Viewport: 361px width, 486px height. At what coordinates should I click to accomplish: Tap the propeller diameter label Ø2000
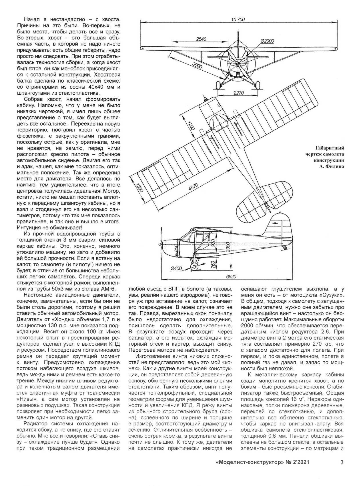coord(267,41)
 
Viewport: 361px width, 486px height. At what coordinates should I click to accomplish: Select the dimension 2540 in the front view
coord(201,39)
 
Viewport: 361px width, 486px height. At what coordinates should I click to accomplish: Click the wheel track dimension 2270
coord(238,93)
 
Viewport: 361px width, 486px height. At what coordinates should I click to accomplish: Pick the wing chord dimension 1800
coord(140,188)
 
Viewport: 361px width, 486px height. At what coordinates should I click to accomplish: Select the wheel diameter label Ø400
coord(176,268)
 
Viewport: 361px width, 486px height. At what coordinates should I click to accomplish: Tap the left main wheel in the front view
coord(218,85)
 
